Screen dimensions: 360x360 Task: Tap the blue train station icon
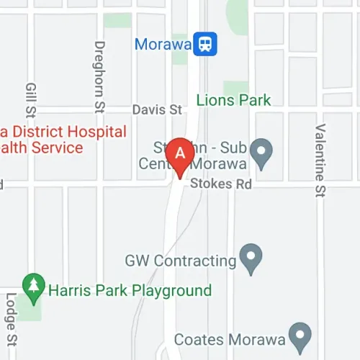pos(206,45)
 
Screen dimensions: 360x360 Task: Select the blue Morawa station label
pos(163,45)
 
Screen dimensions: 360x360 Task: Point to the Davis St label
pos(156,109)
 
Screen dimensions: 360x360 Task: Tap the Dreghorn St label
pos(99,76)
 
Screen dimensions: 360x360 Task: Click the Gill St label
pos(30,99)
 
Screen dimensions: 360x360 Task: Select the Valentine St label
pos(318,159)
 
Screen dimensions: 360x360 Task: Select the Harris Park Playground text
pos(130,291)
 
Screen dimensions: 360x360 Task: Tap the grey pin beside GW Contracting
pos(251,258)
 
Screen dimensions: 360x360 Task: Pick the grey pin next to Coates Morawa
pos(298,335)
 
